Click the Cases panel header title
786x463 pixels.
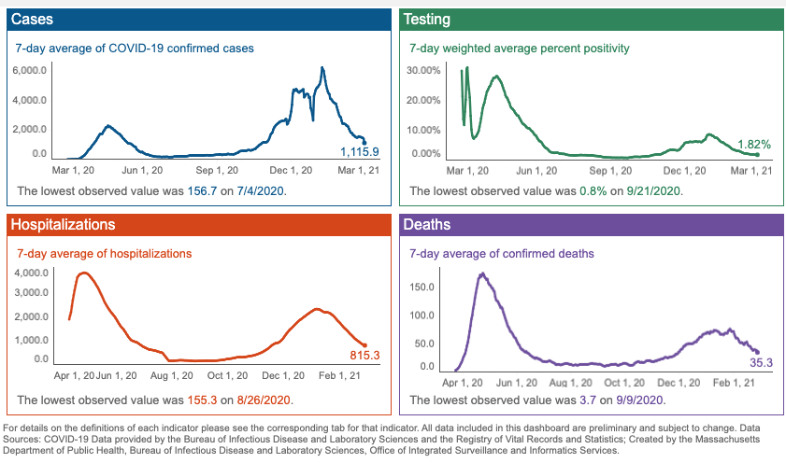32,19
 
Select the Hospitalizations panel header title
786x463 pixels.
63,225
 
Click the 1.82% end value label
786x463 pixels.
754,145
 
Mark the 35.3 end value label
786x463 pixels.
761,362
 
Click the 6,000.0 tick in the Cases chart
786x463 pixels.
29,71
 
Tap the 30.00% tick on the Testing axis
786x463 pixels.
425,71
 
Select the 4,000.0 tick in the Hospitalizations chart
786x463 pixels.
29,273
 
